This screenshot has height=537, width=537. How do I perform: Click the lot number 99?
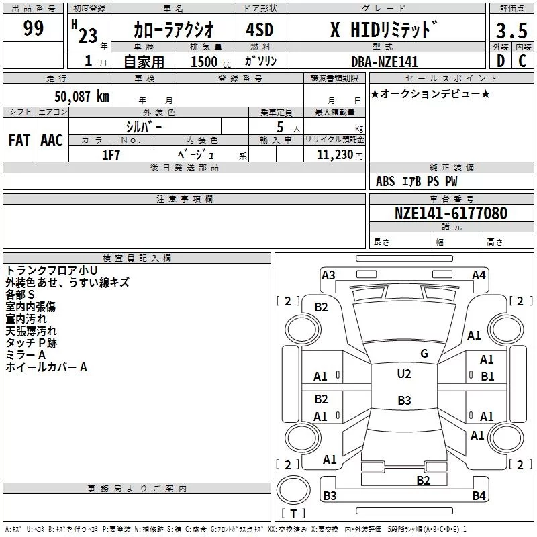coord(33,28)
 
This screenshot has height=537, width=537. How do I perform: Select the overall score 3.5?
coord(510,31)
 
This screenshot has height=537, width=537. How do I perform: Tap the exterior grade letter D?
coord(500,62)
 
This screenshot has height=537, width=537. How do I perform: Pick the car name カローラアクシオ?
coord(173,30)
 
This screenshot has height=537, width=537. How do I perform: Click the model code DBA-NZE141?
coord(385,62)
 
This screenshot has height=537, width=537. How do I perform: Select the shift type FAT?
coord(19,140)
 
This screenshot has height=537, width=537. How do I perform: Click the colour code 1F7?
coord(111,155)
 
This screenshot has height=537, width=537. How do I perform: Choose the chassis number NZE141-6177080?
coord(450,213)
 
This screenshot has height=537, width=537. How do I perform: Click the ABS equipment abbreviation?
coord(385,181)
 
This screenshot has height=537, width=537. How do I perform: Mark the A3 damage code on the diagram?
coord(328,275)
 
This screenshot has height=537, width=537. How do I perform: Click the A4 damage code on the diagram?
coord(479,275)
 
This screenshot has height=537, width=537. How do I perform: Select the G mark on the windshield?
coord(424,354)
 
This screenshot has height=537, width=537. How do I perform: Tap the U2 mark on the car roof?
coord(403,374)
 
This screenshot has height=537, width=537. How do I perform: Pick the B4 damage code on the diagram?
coord(478,496)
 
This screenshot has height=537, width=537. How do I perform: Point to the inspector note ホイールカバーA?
coord(46,367)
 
